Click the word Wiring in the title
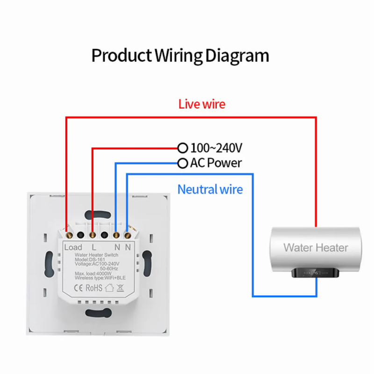pyautogui.click(x=179, y=56)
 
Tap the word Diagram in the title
pyautogui.click(x=237, y=56)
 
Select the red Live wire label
pyautogui.click(x=202, y=104)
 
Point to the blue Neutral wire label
pyautogui.click(x=210, y=189)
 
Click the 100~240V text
pyautogui.click(x=216, y=148)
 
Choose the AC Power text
pyautogui.click(x=216, y=163)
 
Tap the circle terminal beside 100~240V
pyautogui.click(x=183, y=148)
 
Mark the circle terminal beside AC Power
pyautogui.click(x=183, y=163)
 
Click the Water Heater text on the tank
pyautogui.click(x=316, y=248)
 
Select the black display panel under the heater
pyautogui.click(x=315, y=273)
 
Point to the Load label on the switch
pyautogui.click(x=73, y=247)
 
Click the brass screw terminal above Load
pyautogui.click(x=70, y=236)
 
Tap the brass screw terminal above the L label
pyautogui.click(x=93, y=236)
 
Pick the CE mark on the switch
pyautogui.click(x=78, y=288)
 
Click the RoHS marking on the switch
pyautogui.click(x=94, y=288)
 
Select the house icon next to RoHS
pyautogui.click(x=109, y=288)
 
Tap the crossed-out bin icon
pyautogui.click(x=120, y=288)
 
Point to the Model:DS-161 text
pyautogui.click(x=90, y=259)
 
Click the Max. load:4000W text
pyautogui.click(x=93, y=273)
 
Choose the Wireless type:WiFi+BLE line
pyautogui.click(x=100, y=278)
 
